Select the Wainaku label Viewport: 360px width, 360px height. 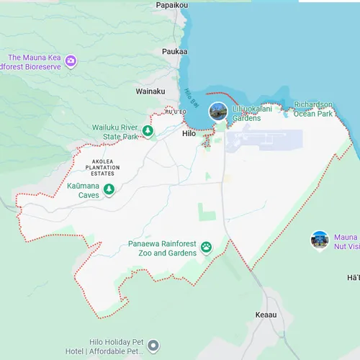(x=150, y=91)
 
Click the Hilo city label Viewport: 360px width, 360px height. (x=189, y=133)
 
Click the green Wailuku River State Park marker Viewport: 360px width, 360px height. (x=148, y=131)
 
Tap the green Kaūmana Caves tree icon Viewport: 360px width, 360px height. (x=109, y=189)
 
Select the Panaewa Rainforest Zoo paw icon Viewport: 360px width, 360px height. (x=207, y=247)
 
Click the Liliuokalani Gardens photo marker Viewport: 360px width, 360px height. (x=218, y=112)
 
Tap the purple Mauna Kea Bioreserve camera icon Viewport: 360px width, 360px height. (x=71, y=60)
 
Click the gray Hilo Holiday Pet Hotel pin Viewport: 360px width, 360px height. (x=152, y=347)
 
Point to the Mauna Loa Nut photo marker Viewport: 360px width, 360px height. (x=320, y=240)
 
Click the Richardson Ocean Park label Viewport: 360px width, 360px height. (x=313, y=109)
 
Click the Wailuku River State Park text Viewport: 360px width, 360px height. (x=114, y=132)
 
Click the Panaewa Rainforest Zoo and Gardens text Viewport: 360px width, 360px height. (x=163, y=248)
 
